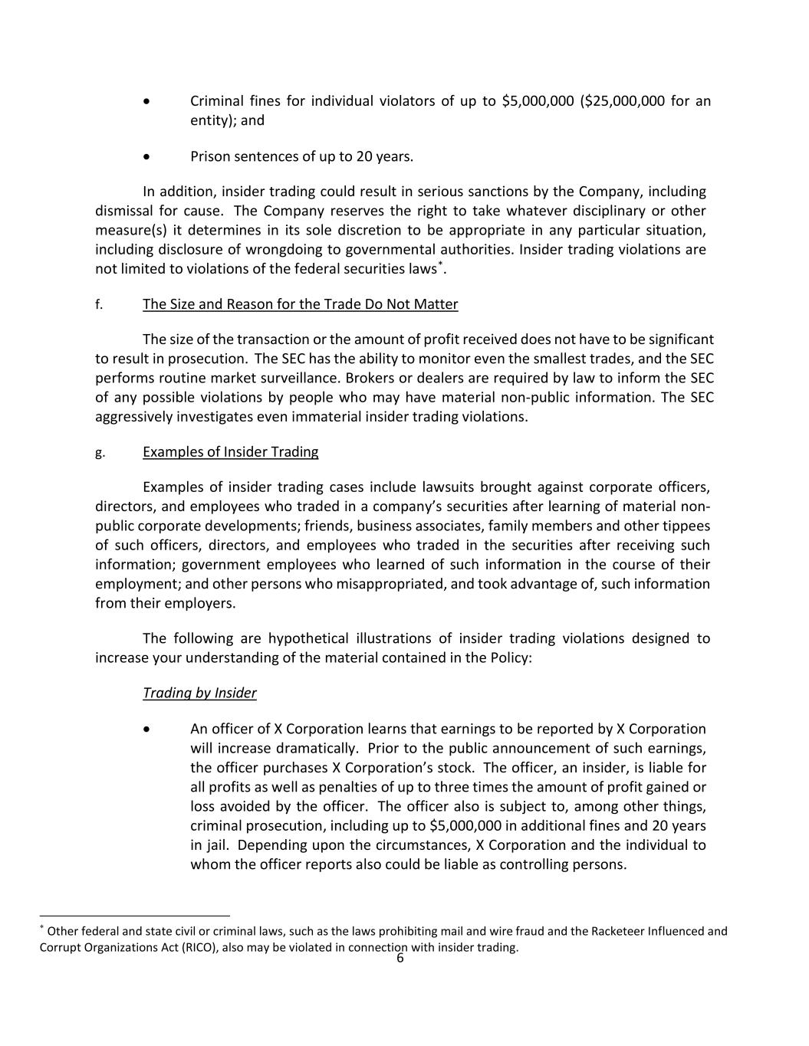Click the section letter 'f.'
click(x=99, y=305)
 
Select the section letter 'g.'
click(x=99, y=452)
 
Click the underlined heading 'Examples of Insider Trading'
click(x=230, y=452)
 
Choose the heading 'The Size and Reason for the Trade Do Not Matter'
click(x=300, y=305)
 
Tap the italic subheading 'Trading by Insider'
click(x=199, y=693)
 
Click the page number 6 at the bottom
click(x=400, y=959)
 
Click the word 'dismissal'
click(x=123, y=211)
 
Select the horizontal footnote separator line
click(x=135, y=916)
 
